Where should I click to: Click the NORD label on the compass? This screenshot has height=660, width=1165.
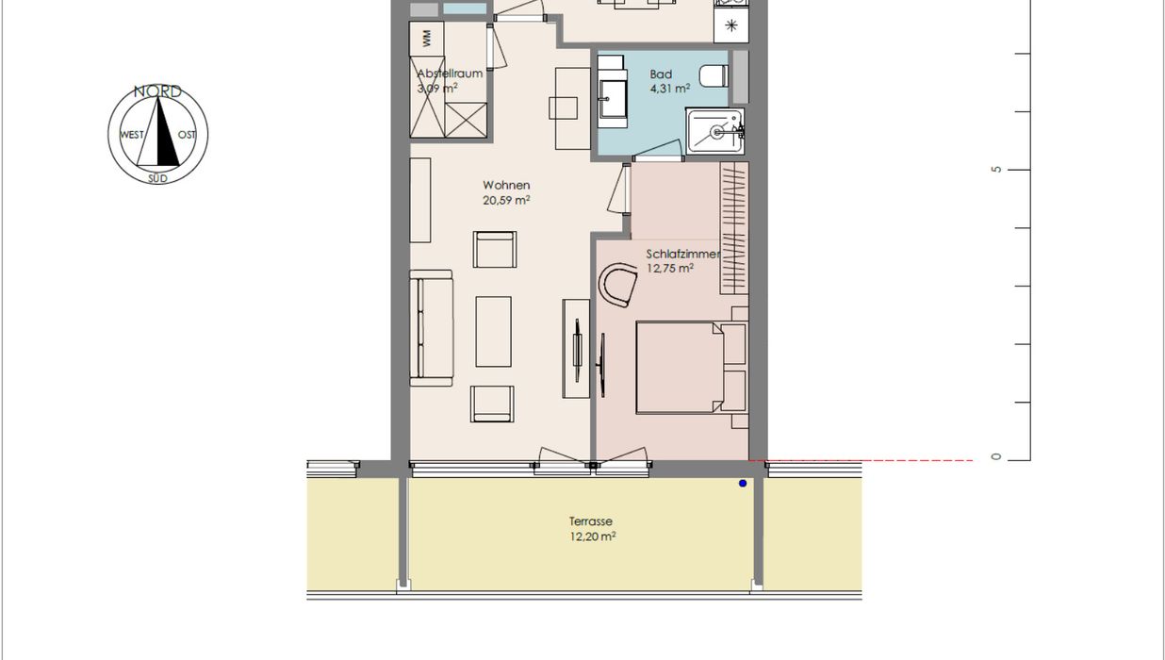point(157,91)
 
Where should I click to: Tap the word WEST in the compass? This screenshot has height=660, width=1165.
point(132,135)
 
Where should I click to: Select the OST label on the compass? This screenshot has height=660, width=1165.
point(187,135)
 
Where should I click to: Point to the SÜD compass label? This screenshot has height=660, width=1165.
point(157,178)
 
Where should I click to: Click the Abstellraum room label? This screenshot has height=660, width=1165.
point(450,74)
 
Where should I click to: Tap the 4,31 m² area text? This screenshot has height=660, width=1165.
point(670,89)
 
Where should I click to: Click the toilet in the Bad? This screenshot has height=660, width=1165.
point(714,76)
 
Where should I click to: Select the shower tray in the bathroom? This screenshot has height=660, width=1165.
point(715,131)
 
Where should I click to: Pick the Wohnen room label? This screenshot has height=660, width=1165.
point(506,185)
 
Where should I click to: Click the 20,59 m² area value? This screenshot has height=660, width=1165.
point(506,200)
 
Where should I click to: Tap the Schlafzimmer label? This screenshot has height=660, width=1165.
point(682,254)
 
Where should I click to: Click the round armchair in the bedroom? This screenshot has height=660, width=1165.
point(618,285)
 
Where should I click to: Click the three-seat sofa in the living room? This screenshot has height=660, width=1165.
point(431,328)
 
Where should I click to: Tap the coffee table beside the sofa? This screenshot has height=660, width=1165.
point(494,332)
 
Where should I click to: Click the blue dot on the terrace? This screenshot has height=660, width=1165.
point(743,483)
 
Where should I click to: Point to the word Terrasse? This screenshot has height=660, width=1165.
point(590,521)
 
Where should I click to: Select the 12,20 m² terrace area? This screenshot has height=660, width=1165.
point(592,536)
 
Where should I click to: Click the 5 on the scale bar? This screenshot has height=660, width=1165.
point(996,170)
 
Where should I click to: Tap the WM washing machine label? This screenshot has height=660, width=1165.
point(427,39)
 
